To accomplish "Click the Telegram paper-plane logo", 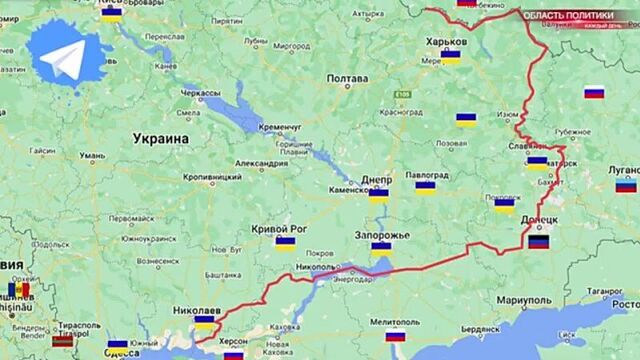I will pos(68,61).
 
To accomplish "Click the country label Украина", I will pos(161,138).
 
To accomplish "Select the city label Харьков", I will pos(445,41).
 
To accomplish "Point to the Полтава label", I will pos(347,79).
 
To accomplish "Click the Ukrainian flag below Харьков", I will pos(451,57).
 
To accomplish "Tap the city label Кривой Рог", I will pos(279,228).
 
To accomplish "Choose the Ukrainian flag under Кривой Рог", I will pos(285,243).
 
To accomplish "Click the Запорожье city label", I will pos(382,235).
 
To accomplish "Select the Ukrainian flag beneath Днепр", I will pos(378,196).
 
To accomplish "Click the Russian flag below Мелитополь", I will pos(395,336).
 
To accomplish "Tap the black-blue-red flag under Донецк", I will pos(538,241).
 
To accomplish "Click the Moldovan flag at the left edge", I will pos(18,290).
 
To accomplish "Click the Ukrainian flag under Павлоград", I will pos(426,186).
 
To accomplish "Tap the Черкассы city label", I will pos(201,92).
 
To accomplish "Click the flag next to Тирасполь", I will pos(62,341).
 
